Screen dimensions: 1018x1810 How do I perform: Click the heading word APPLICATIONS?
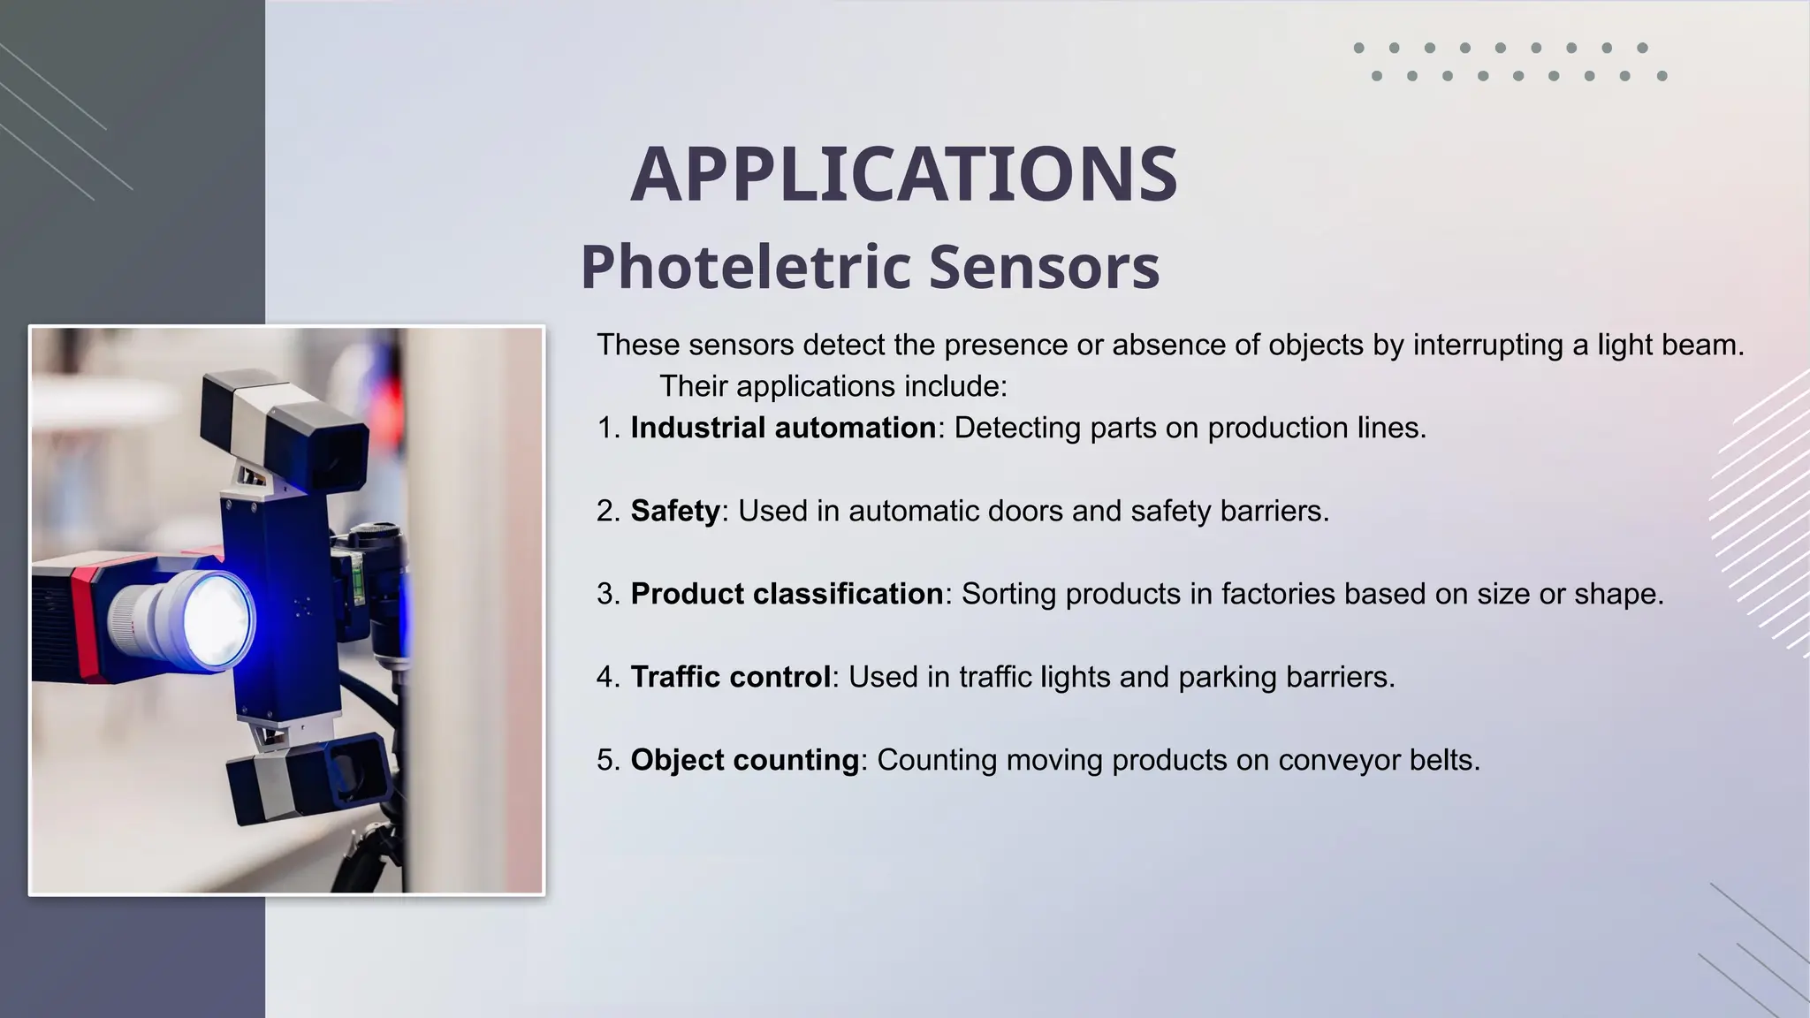pos(903,174)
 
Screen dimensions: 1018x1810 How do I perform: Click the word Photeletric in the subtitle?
pos(745,267)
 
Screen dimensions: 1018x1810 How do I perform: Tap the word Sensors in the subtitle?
pos(1044,267)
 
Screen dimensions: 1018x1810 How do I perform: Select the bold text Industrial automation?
pos(782,428)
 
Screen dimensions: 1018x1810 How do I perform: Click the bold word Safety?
pos(675,511)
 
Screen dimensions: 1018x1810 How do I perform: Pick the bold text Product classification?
pos(787,594)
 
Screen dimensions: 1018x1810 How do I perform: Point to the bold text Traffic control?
pos(730,677)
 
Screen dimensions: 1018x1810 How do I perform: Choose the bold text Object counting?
pos(744,760)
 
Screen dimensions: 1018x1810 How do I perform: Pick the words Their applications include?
pos(833,386)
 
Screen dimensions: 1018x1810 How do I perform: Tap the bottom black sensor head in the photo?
pos(309,778)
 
